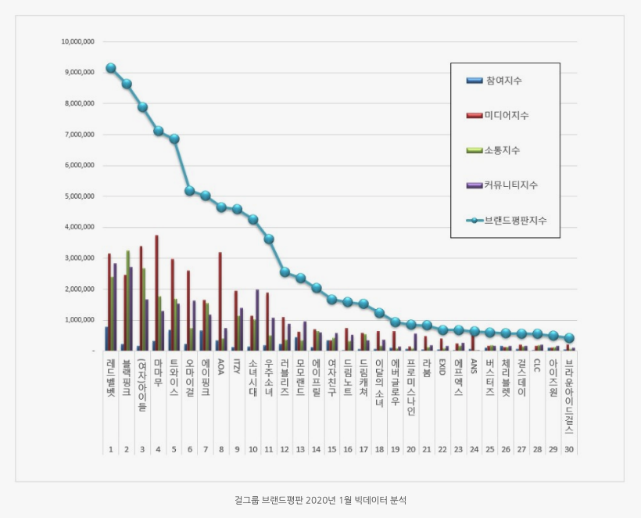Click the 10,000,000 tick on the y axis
78,41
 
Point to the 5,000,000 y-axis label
78,196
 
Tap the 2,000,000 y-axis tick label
78,290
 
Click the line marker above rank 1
111,68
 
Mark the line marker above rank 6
190,190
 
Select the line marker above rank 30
569,338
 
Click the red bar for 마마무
157,293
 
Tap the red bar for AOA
220,301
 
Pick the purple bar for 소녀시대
257,320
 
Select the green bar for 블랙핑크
128,300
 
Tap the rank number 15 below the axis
331,450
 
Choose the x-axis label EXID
442,365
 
